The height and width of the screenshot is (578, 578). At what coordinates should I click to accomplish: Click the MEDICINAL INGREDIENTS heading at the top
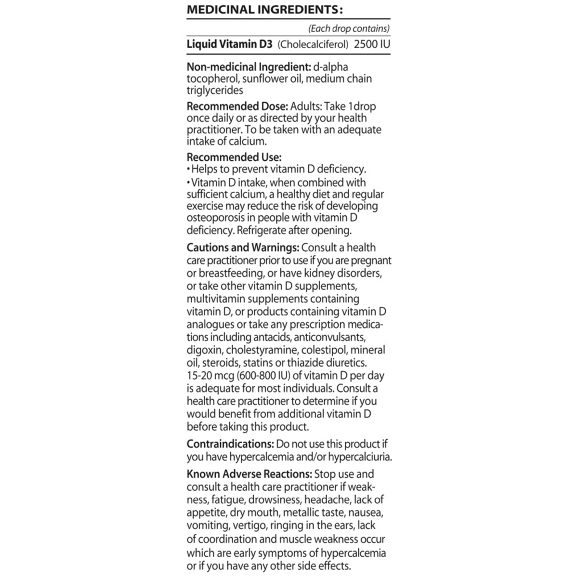264,10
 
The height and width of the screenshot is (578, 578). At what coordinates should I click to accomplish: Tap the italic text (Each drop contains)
349,29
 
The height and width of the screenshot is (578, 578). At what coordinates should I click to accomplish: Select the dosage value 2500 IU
372,45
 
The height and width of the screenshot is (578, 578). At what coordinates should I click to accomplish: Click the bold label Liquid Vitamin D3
230,45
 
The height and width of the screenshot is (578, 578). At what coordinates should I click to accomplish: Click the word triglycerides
215,90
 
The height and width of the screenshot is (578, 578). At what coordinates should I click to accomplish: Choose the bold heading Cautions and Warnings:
243,248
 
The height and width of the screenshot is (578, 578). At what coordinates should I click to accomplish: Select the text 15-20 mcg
209,375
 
